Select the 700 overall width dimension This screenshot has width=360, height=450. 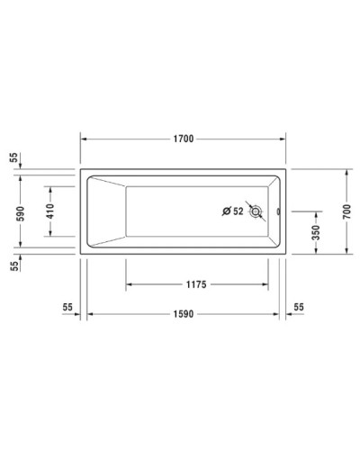pyautogui.click(x=347, y=212)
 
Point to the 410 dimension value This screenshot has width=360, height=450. pyautogui.click(x=51, y=212)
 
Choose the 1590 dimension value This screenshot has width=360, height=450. pyautogui.click(x=186, y=314)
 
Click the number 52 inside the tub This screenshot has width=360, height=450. pyautogui.click(x=238, y=212)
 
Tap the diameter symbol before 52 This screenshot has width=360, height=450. pyautogui.click(x=227, y=212)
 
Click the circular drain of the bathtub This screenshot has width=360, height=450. pyautogui.click(x=258, y=212)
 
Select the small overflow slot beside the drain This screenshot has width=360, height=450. pyautogui.click(x=278, y=212)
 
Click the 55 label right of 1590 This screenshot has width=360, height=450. pyautogui.click(x=300, y=307)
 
